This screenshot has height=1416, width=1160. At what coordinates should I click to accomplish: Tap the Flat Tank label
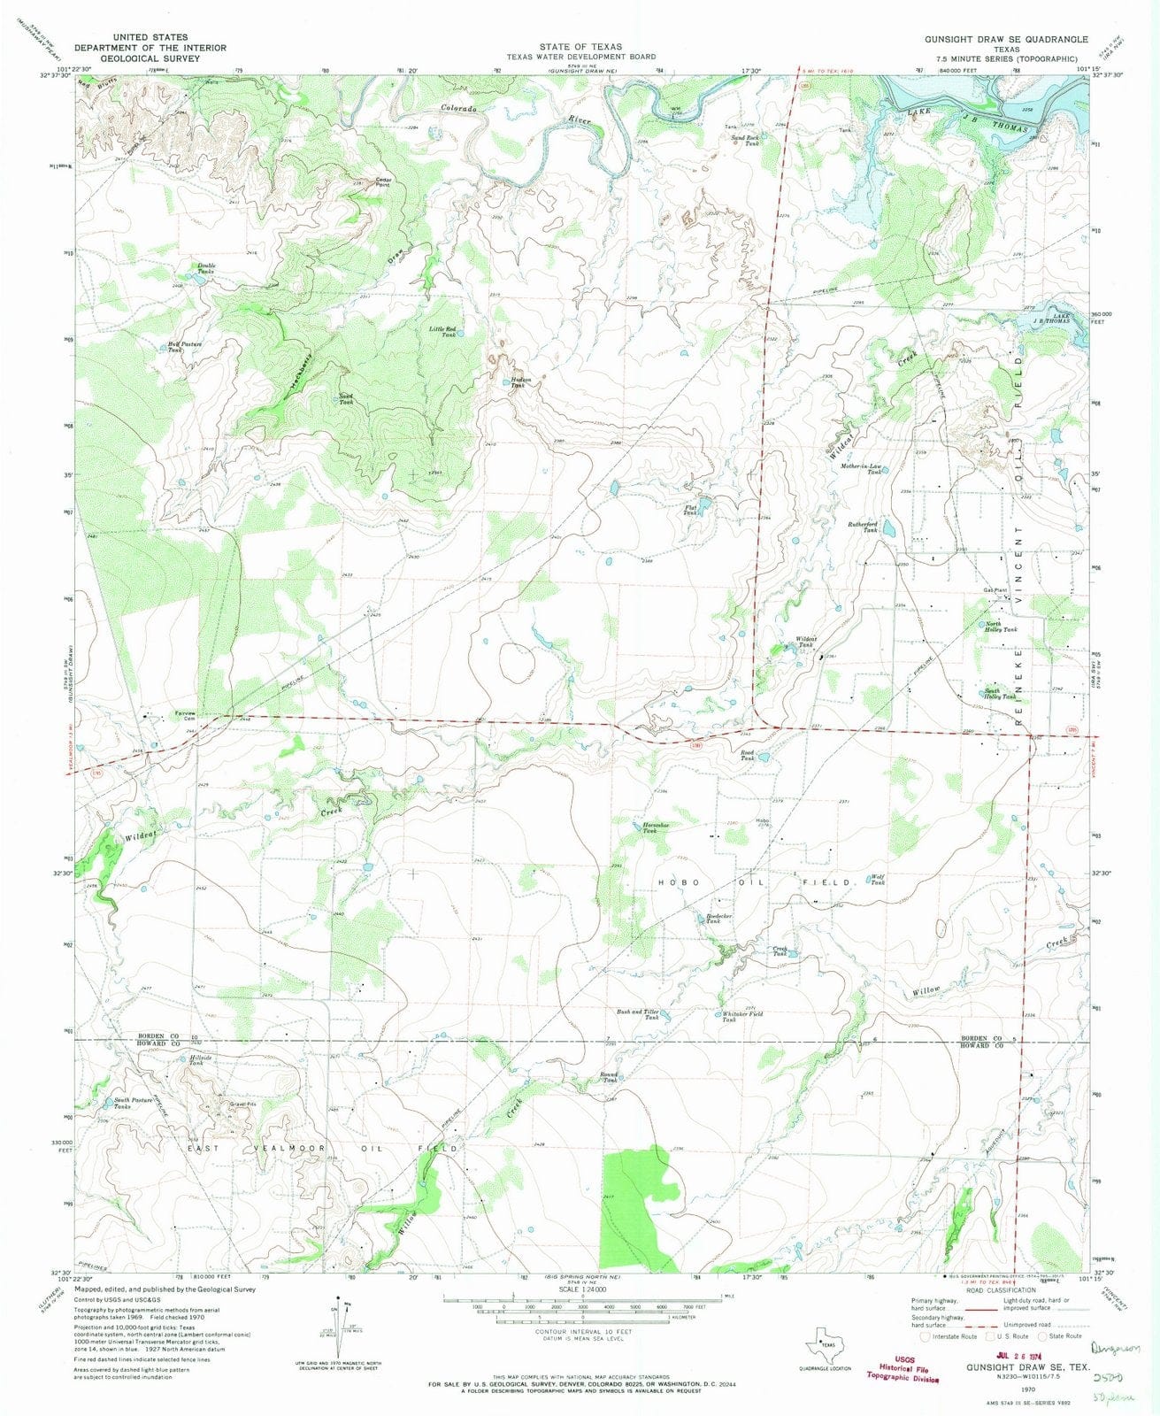(691, 511)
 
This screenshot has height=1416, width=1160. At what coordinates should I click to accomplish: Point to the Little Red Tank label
(443, 332)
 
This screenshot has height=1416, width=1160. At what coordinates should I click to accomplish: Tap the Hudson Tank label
(523, 382)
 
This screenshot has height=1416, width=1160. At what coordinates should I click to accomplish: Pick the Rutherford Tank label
(864, 527)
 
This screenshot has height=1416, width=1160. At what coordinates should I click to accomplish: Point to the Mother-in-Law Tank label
(862, 468)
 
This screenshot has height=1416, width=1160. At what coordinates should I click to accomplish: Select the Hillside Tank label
(196, 1059)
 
